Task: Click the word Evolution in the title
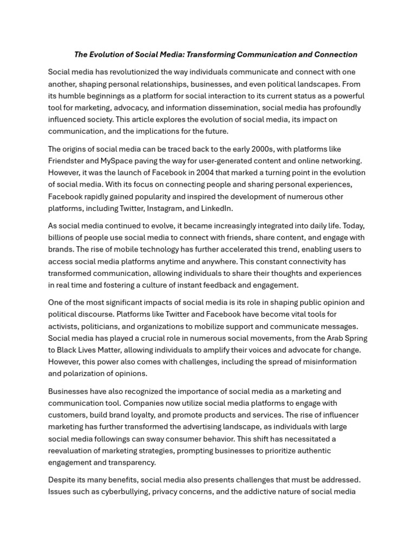(108, 55)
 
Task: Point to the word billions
(62, 238)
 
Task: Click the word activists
(63, 326)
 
